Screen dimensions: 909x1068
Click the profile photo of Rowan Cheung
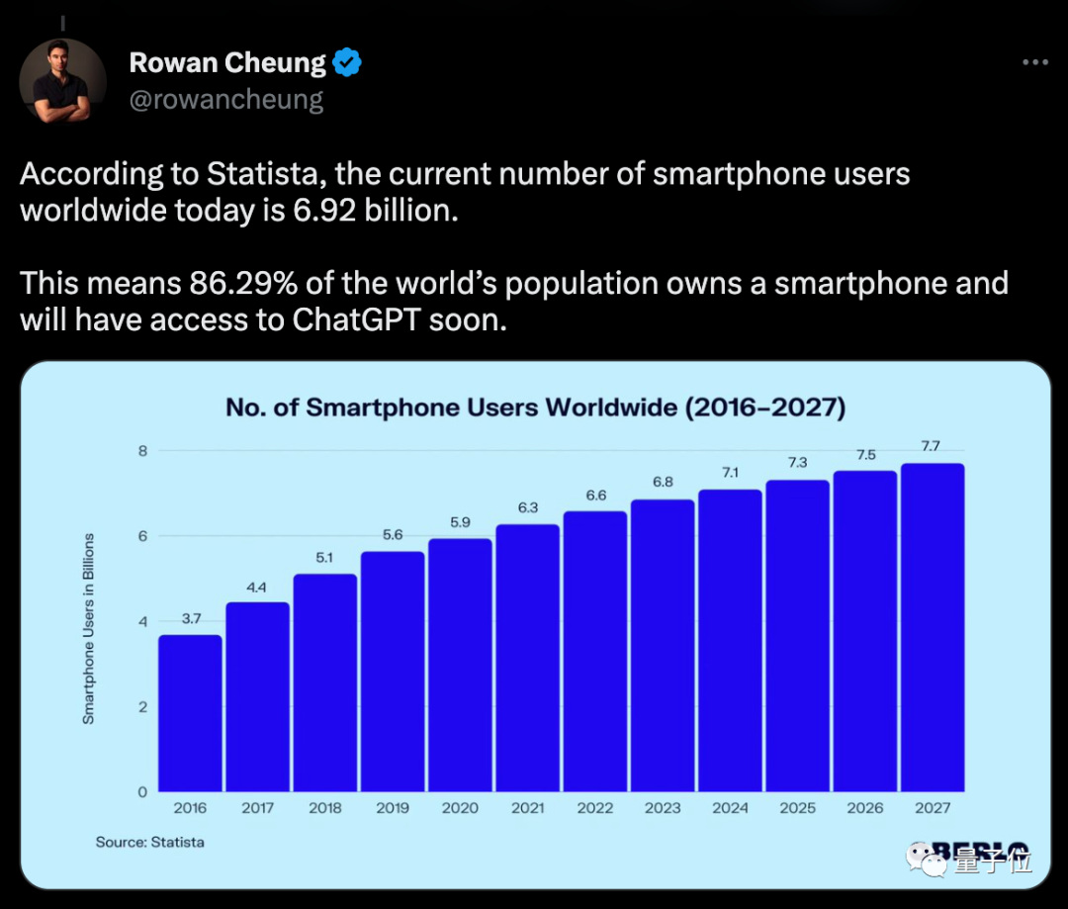pyautogui.click(x=61, y=81)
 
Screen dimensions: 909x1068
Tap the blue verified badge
pyautogui.click(x=346, y=63)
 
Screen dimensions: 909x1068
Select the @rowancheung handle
pyautogui.click(x=226, y=100)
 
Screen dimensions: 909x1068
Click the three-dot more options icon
pyautogui.click(x=1034, y=62)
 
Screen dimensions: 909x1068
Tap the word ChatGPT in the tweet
pyautogui.click(x=359, y=320)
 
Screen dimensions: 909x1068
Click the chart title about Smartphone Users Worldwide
pyautogui.click(x=535, y=408)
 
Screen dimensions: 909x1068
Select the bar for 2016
pyautogui.click(x=190, y=713)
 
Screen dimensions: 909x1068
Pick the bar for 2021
pyautogui.click(x=527, y=658)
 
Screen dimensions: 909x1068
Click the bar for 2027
pyautogui.click(x=932, y=627)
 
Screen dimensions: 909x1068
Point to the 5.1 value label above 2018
pyautogui.click(x=324, y=557)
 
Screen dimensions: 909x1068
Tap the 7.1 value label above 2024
pyautogui.click(x=730, y=473)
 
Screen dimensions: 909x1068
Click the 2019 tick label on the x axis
pyautogui.click(x=392, y=808)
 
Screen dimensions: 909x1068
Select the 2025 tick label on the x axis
pyautogui.click(x=797, y=808)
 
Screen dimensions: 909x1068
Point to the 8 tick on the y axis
pyautogui.click(x=141, y=451)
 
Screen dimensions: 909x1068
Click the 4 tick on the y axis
pyautogui.click(x=141, y=621)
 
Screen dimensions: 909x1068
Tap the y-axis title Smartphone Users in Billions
pyautogui.click(x=89, y=628)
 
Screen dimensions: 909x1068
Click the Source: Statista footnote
pyautogui.click(x=149, y=842)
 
